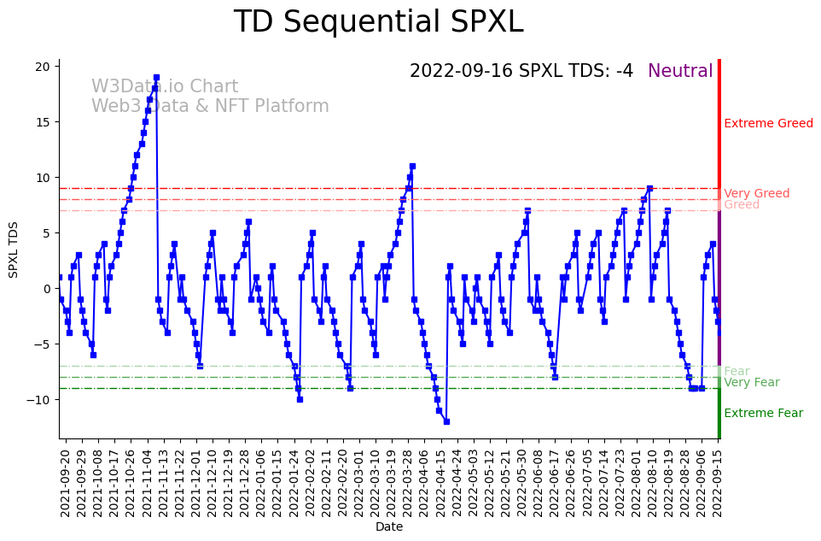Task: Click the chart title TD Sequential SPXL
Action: point(378,22)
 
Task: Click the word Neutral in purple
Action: point(680,71)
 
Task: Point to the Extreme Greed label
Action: point(768,124)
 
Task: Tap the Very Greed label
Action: point(756,194)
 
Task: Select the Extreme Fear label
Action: point(763,414)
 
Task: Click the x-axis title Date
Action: point(388,527)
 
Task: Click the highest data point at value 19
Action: point(156,77)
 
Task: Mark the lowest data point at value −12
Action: point(446,421)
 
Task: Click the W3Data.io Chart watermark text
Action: point(165,87)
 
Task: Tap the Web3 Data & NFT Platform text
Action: point(210,107)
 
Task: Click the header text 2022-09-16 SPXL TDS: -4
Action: point(521,71)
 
